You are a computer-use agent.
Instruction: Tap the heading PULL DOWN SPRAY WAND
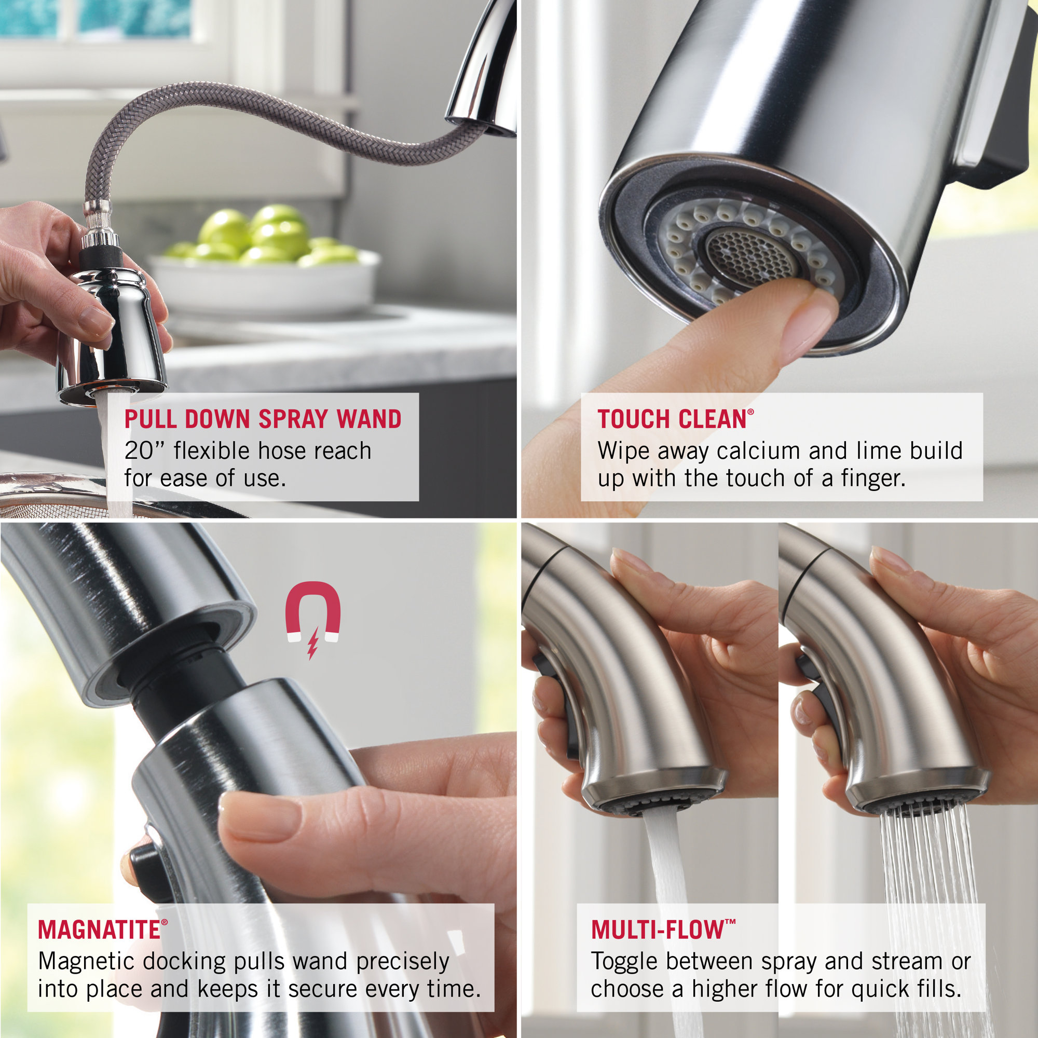tap(263, 419)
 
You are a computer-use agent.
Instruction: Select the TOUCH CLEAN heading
tap(672, 419)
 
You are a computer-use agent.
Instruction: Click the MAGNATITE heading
tap(100, 931)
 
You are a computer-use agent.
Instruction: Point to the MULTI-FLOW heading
tap(658, 931)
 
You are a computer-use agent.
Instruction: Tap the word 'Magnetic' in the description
tap(86, 962)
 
